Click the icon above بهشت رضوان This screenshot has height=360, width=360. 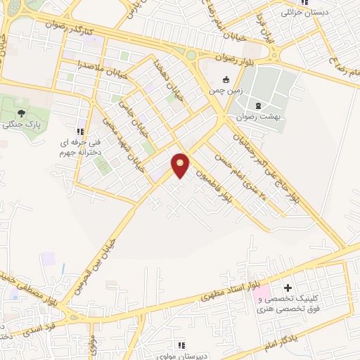click(258, 105)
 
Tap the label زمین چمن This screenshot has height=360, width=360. click(224, 91)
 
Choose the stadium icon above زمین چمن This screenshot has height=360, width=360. click(226, 79)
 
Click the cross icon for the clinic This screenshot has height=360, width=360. click(287, 288)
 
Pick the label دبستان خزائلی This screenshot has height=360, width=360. click(304, 13)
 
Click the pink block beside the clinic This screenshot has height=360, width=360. click(261, 292)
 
